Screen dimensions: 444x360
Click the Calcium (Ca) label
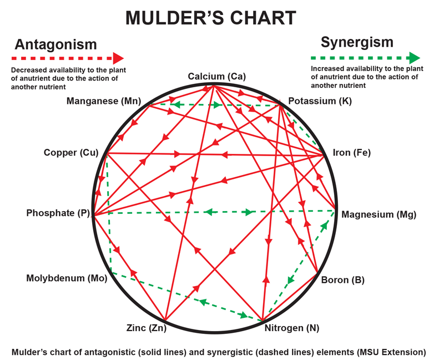(216, 76)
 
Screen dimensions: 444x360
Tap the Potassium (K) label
(320, 101)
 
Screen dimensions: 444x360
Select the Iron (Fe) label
(352, 153)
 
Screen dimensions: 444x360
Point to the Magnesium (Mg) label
(379, 214)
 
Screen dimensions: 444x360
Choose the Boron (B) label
(342, 280)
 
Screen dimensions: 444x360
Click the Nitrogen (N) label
(292, 328)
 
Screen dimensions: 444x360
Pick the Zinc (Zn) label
(147, 328)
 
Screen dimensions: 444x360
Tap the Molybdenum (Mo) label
(67, 278)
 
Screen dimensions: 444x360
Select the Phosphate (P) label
(58, 213)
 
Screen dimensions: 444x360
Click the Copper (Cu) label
(71, 153)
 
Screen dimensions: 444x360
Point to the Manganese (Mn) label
(104, 101)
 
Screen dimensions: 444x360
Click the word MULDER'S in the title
(175, 18)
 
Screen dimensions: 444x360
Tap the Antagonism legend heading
(56, 44)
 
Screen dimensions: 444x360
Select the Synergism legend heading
(357, 43)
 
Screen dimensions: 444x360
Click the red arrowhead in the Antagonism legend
(118, 58)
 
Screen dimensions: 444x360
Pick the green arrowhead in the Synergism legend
(415, 58)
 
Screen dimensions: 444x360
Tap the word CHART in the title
(263, 18)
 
